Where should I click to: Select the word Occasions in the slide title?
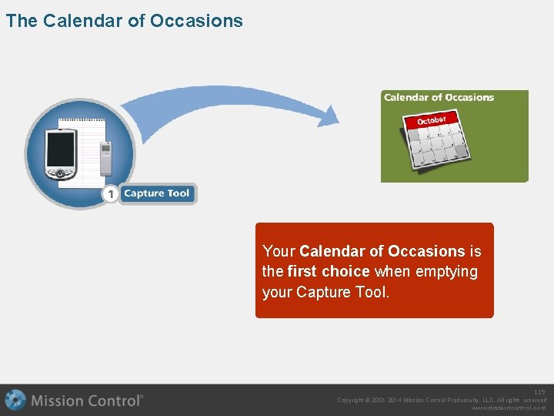pos(196,21)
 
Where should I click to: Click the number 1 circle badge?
pos(112,194)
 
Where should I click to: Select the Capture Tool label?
pos(157,193)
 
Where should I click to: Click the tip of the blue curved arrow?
pos(334,117)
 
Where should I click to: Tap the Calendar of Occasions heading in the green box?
pos(439,98)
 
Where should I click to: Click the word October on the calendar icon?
pos(432,120)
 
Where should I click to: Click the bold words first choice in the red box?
pos(329,272)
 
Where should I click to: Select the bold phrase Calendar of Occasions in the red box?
pos(382,252)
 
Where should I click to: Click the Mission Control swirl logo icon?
pos(15,400)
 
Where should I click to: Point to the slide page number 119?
pos(539,393)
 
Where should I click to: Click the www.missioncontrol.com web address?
pos(509,408)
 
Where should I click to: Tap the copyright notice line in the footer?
pos(442,401)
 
